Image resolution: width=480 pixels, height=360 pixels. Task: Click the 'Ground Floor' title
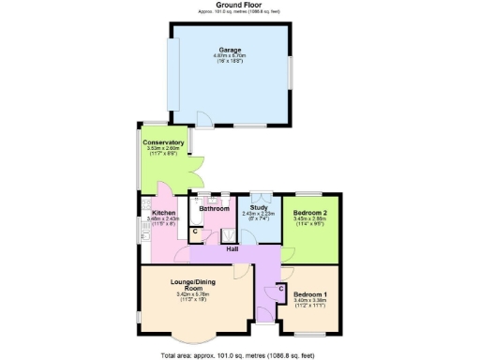pos(239,5)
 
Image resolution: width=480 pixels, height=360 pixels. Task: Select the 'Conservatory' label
pos(164,142)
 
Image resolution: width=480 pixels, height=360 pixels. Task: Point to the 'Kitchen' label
pos(164,213)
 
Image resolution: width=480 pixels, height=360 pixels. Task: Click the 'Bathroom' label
pos(215,208)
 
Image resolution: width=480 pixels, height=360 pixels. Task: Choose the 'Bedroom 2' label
pos(308,212)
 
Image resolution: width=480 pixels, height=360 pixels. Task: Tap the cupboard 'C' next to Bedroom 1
pos(281,288)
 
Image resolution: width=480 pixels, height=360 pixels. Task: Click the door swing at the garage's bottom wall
pos(204,119)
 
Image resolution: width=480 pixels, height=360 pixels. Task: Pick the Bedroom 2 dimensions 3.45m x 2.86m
pos(308,218)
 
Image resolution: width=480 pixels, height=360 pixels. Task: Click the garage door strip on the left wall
pos(172,75)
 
